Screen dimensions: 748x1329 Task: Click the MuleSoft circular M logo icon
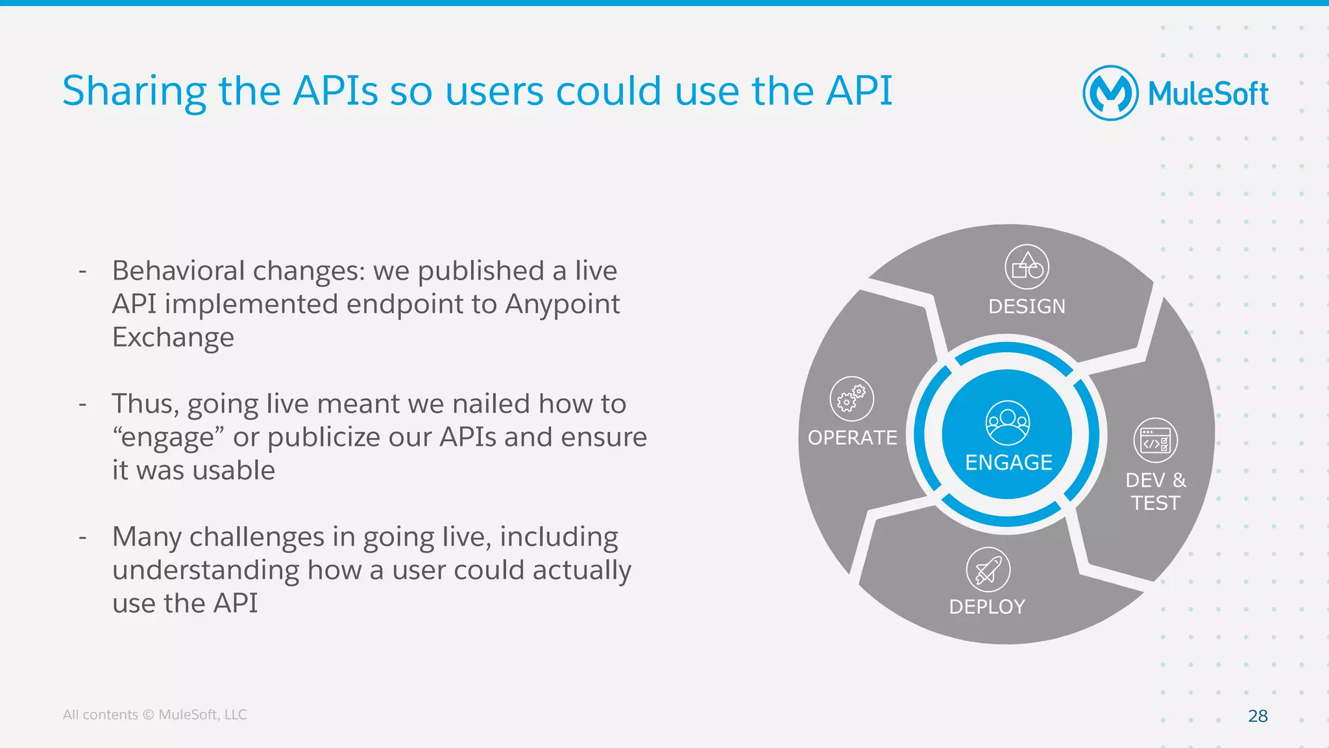click(1110, 93)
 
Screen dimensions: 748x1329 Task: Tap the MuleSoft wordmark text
click(1208, 94)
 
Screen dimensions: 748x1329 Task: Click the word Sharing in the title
click(134, 91)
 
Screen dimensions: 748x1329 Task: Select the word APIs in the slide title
click(335, 91)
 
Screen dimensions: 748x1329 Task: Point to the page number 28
click(1258, 716)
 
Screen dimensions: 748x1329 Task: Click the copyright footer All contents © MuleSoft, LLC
click(154, 714)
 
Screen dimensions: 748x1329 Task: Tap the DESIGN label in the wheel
click(1027, 306)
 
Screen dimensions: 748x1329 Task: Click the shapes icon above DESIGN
click(1027, 267)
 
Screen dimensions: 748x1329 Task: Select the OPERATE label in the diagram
click(852, 438)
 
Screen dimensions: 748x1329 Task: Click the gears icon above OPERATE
click(851, 398)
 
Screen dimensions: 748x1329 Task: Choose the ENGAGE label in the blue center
click(1008, 463)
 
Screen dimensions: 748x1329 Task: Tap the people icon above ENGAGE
click(1007, 423)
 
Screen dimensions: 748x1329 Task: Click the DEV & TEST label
click(1155, 491)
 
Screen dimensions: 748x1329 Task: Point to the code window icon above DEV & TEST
click(1155, 440)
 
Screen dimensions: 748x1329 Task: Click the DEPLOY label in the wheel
click(987, 607)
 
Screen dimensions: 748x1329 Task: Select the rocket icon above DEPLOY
click(988, 570)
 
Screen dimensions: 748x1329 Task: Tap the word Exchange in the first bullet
click(173, 338)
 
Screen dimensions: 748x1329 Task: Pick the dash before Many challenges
click(82, 537)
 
